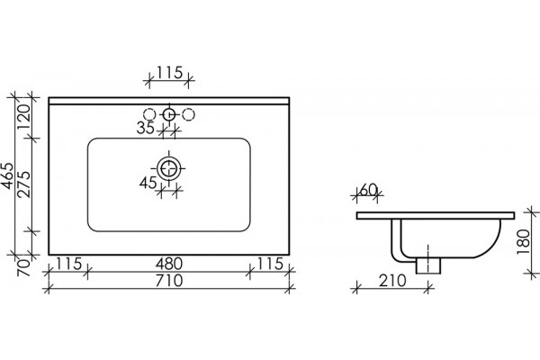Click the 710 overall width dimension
point(169,281)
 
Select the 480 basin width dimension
point(169,265)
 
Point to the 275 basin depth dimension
point(24,184)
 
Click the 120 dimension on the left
point(24,116)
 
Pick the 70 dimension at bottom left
point(24,268)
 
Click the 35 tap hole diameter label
point(146,128)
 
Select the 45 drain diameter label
point(148,183)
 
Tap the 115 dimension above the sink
point(169,72)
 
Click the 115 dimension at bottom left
point(69,265)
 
